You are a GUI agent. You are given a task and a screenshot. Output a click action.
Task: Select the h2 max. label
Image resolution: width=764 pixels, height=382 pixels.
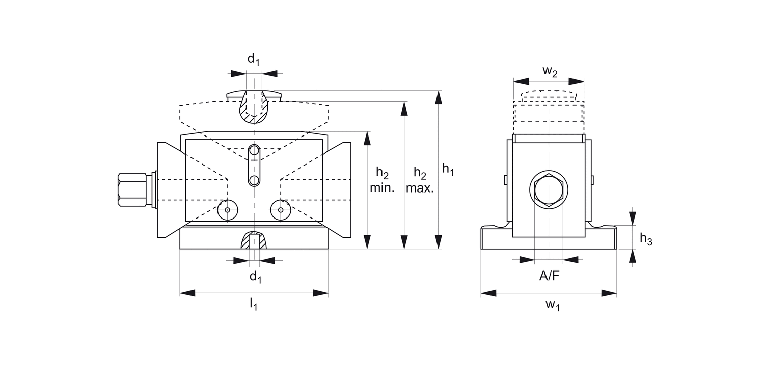pyautogui.click(x=420, y=180)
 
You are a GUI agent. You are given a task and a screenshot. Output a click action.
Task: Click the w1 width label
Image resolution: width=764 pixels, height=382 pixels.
pyautogui.click(x=553, y=305)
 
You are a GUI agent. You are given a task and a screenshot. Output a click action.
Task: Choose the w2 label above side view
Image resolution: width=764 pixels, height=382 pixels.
pyautogui.click(x=550, y=71)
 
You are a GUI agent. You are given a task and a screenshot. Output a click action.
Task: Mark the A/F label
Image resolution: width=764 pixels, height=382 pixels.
pyautogui.click(x=549, y=277)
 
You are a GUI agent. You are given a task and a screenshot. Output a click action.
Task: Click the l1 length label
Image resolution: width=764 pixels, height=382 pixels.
pyautogui.click(x=253, y=305)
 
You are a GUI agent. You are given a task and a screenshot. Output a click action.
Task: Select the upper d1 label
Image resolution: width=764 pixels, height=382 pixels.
pyautogui.click(x=253, y=59)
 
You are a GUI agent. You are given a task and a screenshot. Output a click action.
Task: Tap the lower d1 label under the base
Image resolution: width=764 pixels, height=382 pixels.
pyautogui.click(x=255, y=277)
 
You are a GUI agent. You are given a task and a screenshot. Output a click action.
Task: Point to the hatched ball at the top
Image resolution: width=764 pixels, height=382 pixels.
pyautogui.click(x=254, y=108)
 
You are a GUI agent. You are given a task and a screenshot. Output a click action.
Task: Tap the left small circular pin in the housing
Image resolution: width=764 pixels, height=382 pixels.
pyautogui.click(x=227, y=209)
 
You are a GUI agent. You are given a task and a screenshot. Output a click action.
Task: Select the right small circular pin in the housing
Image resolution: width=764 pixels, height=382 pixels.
pyautogui.click(x=281, y=209)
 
